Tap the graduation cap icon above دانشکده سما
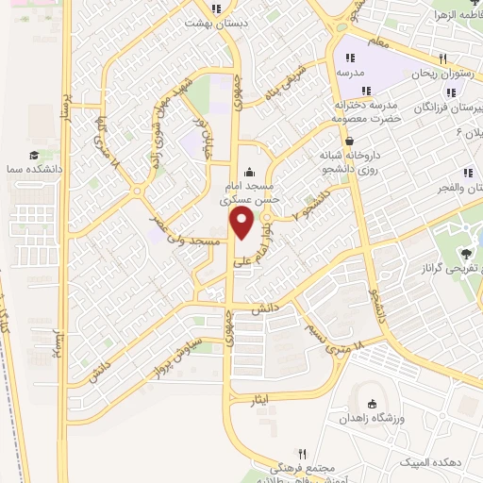pyautogui.click(x=35, y=155)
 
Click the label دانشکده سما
pyautogui.click(x=36, y=167)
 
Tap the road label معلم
pyautogui.click(x=378, y=42)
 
